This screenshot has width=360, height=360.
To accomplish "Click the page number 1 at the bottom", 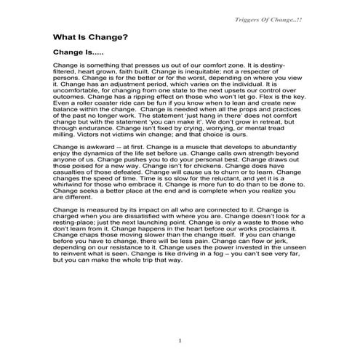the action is [x=179, y=341].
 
